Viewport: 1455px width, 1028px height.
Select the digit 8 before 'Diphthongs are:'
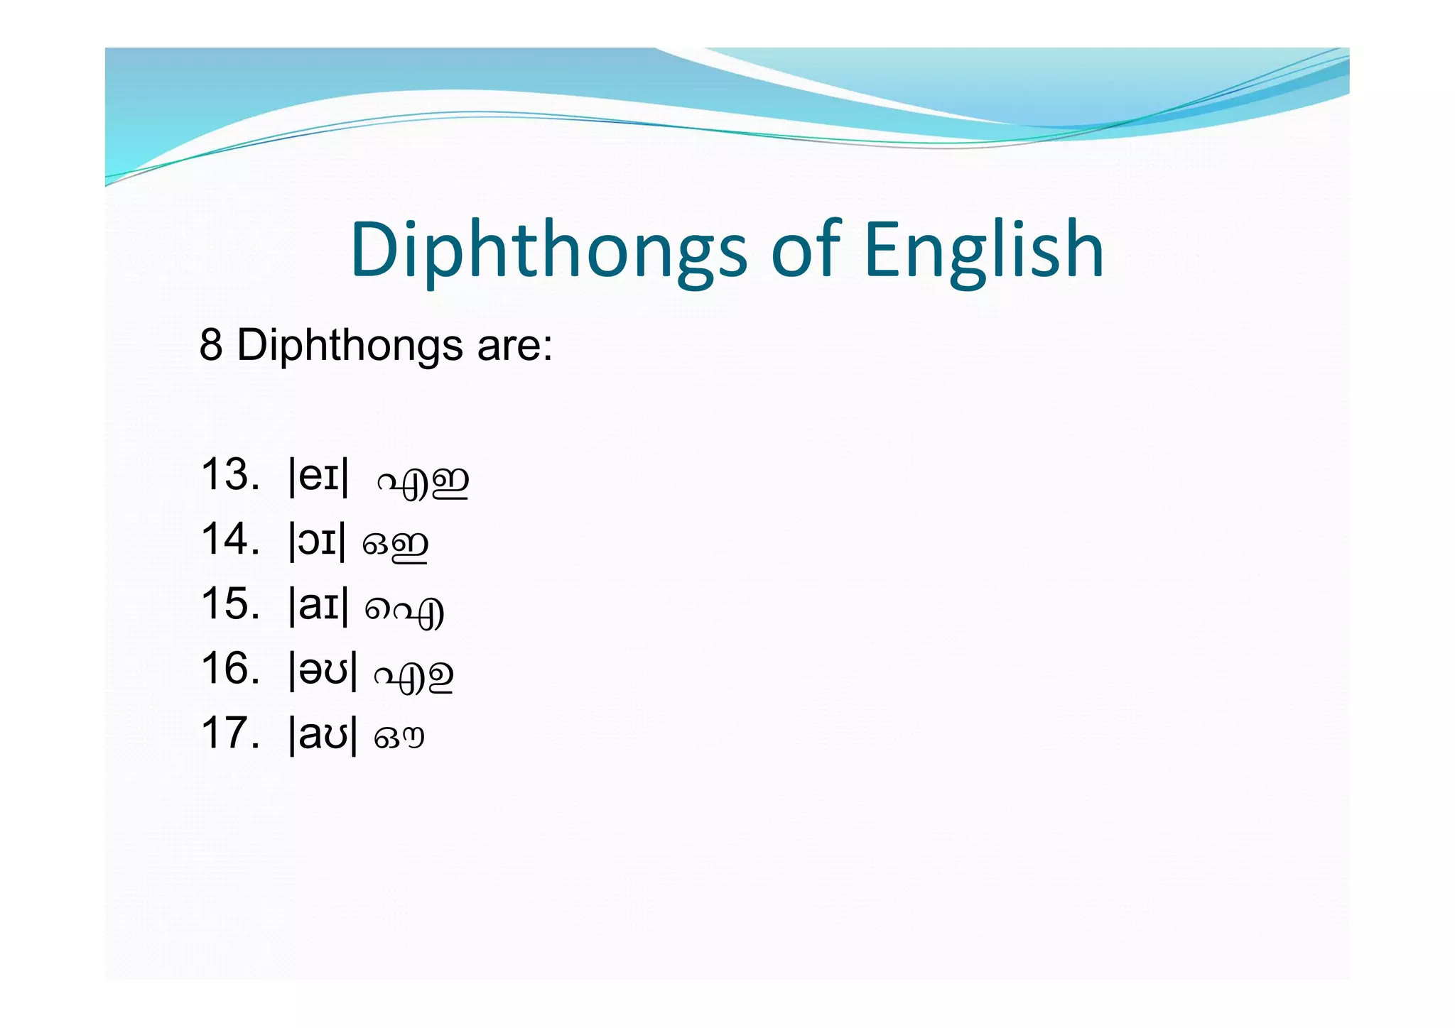coord(211,345)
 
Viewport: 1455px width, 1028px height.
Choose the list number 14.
coord(229,539)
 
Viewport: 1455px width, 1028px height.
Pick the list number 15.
coord(229,603)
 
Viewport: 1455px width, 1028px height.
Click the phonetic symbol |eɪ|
coord(319,476)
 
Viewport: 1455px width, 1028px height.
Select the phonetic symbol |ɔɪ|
coord(318,540)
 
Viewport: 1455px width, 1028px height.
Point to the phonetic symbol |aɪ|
coord(319,605)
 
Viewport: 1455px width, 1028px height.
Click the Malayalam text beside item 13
coord(423,481)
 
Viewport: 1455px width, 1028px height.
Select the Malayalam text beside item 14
coord(396,545)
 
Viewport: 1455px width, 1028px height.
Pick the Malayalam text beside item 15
coord(405,611)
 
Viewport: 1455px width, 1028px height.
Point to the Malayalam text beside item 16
coord(414,675)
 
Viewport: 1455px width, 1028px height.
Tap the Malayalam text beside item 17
coord(399,738)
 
